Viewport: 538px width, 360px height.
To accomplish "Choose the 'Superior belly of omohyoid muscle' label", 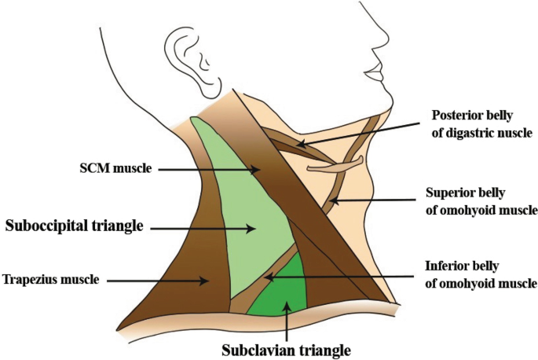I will [481, 200].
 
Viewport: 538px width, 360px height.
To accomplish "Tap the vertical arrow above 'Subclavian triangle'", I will [286, 318].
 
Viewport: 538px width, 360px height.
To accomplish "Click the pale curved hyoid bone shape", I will [334, 165].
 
